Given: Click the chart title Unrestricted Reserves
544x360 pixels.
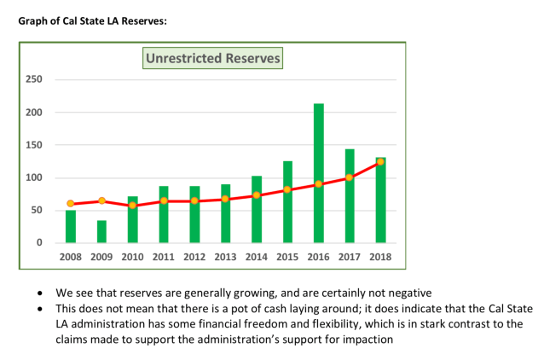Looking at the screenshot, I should tap(212, 59).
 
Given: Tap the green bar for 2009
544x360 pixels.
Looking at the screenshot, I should tap(101, 231).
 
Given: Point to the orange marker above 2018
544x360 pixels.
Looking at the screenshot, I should tap(380, 161).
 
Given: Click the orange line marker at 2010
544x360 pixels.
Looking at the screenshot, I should tap(132, 206).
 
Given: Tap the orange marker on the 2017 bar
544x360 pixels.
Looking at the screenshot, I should tap(350, 177).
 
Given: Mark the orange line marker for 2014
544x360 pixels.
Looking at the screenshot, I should tap(257, 195).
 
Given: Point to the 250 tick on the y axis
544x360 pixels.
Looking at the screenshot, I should tap(33, 80).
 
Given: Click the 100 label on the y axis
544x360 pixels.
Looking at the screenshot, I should tap(33, 178).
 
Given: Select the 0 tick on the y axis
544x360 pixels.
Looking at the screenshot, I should tap(38, 243).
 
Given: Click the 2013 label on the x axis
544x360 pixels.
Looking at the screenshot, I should tap(225, 256).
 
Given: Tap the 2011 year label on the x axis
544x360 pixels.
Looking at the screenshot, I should tap(163, 256).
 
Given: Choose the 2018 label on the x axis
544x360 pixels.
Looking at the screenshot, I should tap(380, 256).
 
